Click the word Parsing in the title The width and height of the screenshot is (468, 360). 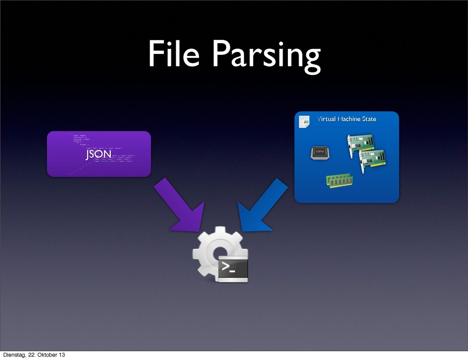coord(266,55)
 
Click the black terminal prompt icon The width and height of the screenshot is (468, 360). coord(233,269)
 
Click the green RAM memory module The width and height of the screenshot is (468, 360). coord(339,181)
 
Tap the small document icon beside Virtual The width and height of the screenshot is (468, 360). coord(304,122)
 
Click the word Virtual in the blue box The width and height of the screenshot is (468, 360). coord(326,119)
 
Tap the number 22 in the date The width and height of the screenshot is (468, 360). coord(32,355)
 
